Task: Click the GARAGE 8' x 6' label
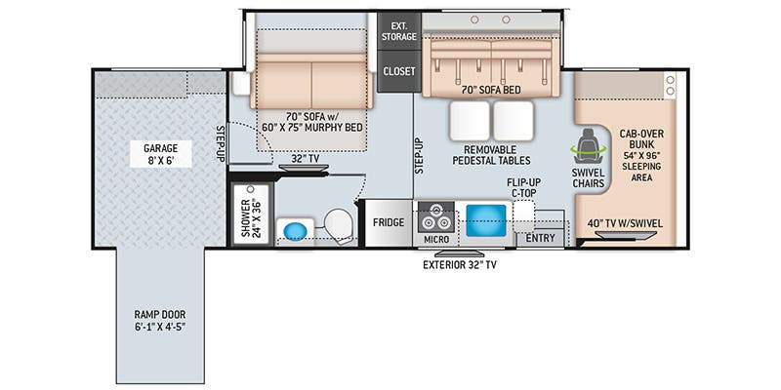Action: click(x=160, y=154)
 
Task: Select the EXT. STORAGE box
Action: click(x=399, y=31)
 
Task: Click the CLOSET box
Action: click(x=399, y=71)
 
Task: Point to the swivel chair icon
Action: click(x=589, y=146)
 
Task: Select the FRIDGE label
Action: click(x=389, y=222)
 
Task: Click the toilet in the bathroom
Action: click(x=339, y=225)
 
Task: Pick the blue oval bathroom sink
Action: click(x=295, y=232)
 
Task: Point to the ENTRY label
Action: click(x=541, y=238)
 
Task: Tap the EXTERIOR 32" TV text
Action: click(x=459, y=265)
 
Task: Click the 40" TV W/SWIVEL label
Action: click(x=625, y=223)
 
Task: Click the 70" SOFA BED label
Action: click(x=492, y=90)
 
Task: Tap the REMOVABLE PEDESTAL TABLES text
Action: click(x=491, y=155)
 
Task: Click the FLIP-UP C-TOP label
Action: click(x=524, y=187)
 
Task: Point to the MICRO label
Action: click(x=436, y=240)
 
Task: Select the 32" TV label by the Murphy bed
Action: click(x=306, y=158)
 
